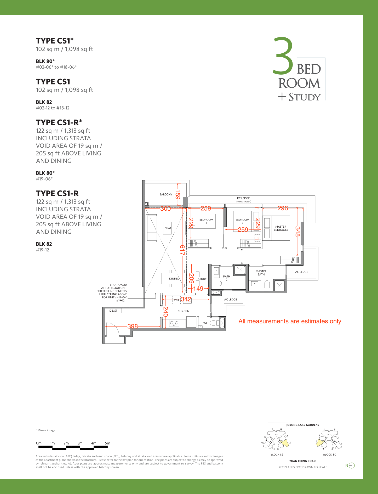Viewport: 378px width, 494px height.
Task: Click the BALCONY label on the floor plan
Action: coord(166,194)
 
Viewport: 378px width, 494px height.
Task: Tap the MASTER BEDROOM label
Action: coord(281,228)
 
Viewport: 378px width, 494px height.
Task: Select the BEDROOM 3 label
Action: coord(206,221)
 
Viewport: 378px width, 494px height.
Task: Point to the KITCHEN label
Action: coord(184,311)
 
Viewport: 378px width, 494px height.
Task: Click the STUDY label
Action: coord(202,279)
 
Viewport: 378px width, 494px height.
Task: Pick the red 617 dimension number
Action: coord(182,250)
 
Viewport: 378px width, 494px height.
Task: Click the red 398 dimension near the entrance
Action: coord(133,326)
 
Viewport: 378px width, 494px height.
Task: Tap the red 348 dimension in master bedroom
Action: coord(297,231)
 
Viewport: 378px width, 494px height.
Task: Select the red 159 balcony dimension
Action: coord(177,194)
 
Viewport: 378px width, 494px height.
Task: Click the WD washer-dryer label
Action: coord(176,300)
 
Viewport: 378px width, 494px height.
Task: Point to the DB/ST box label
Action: coord(113,311)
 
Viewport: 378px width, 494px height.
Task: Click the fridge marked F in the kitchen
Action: coord(191,322)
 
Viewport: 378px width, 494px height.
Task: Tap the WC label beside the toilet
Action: coord(205,323)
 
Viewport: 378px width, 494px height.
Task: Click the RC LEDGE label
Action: coord(243,198)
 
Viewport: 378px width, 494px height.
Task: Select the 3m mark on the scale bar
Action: coord(80,443)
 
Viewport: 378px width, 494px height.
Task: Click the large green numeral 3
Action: coord(283,55)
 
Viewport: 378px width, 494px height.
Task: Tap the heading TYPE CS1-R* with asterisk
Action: coord(59,122)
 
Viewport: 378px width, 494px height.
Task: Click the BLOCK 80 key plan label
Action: coord(330,454)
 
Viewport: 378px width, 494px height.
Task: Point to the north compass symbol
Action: coord(350,465)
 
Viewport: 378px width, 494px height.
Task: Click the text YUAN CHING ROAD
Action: coord(302,461)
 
